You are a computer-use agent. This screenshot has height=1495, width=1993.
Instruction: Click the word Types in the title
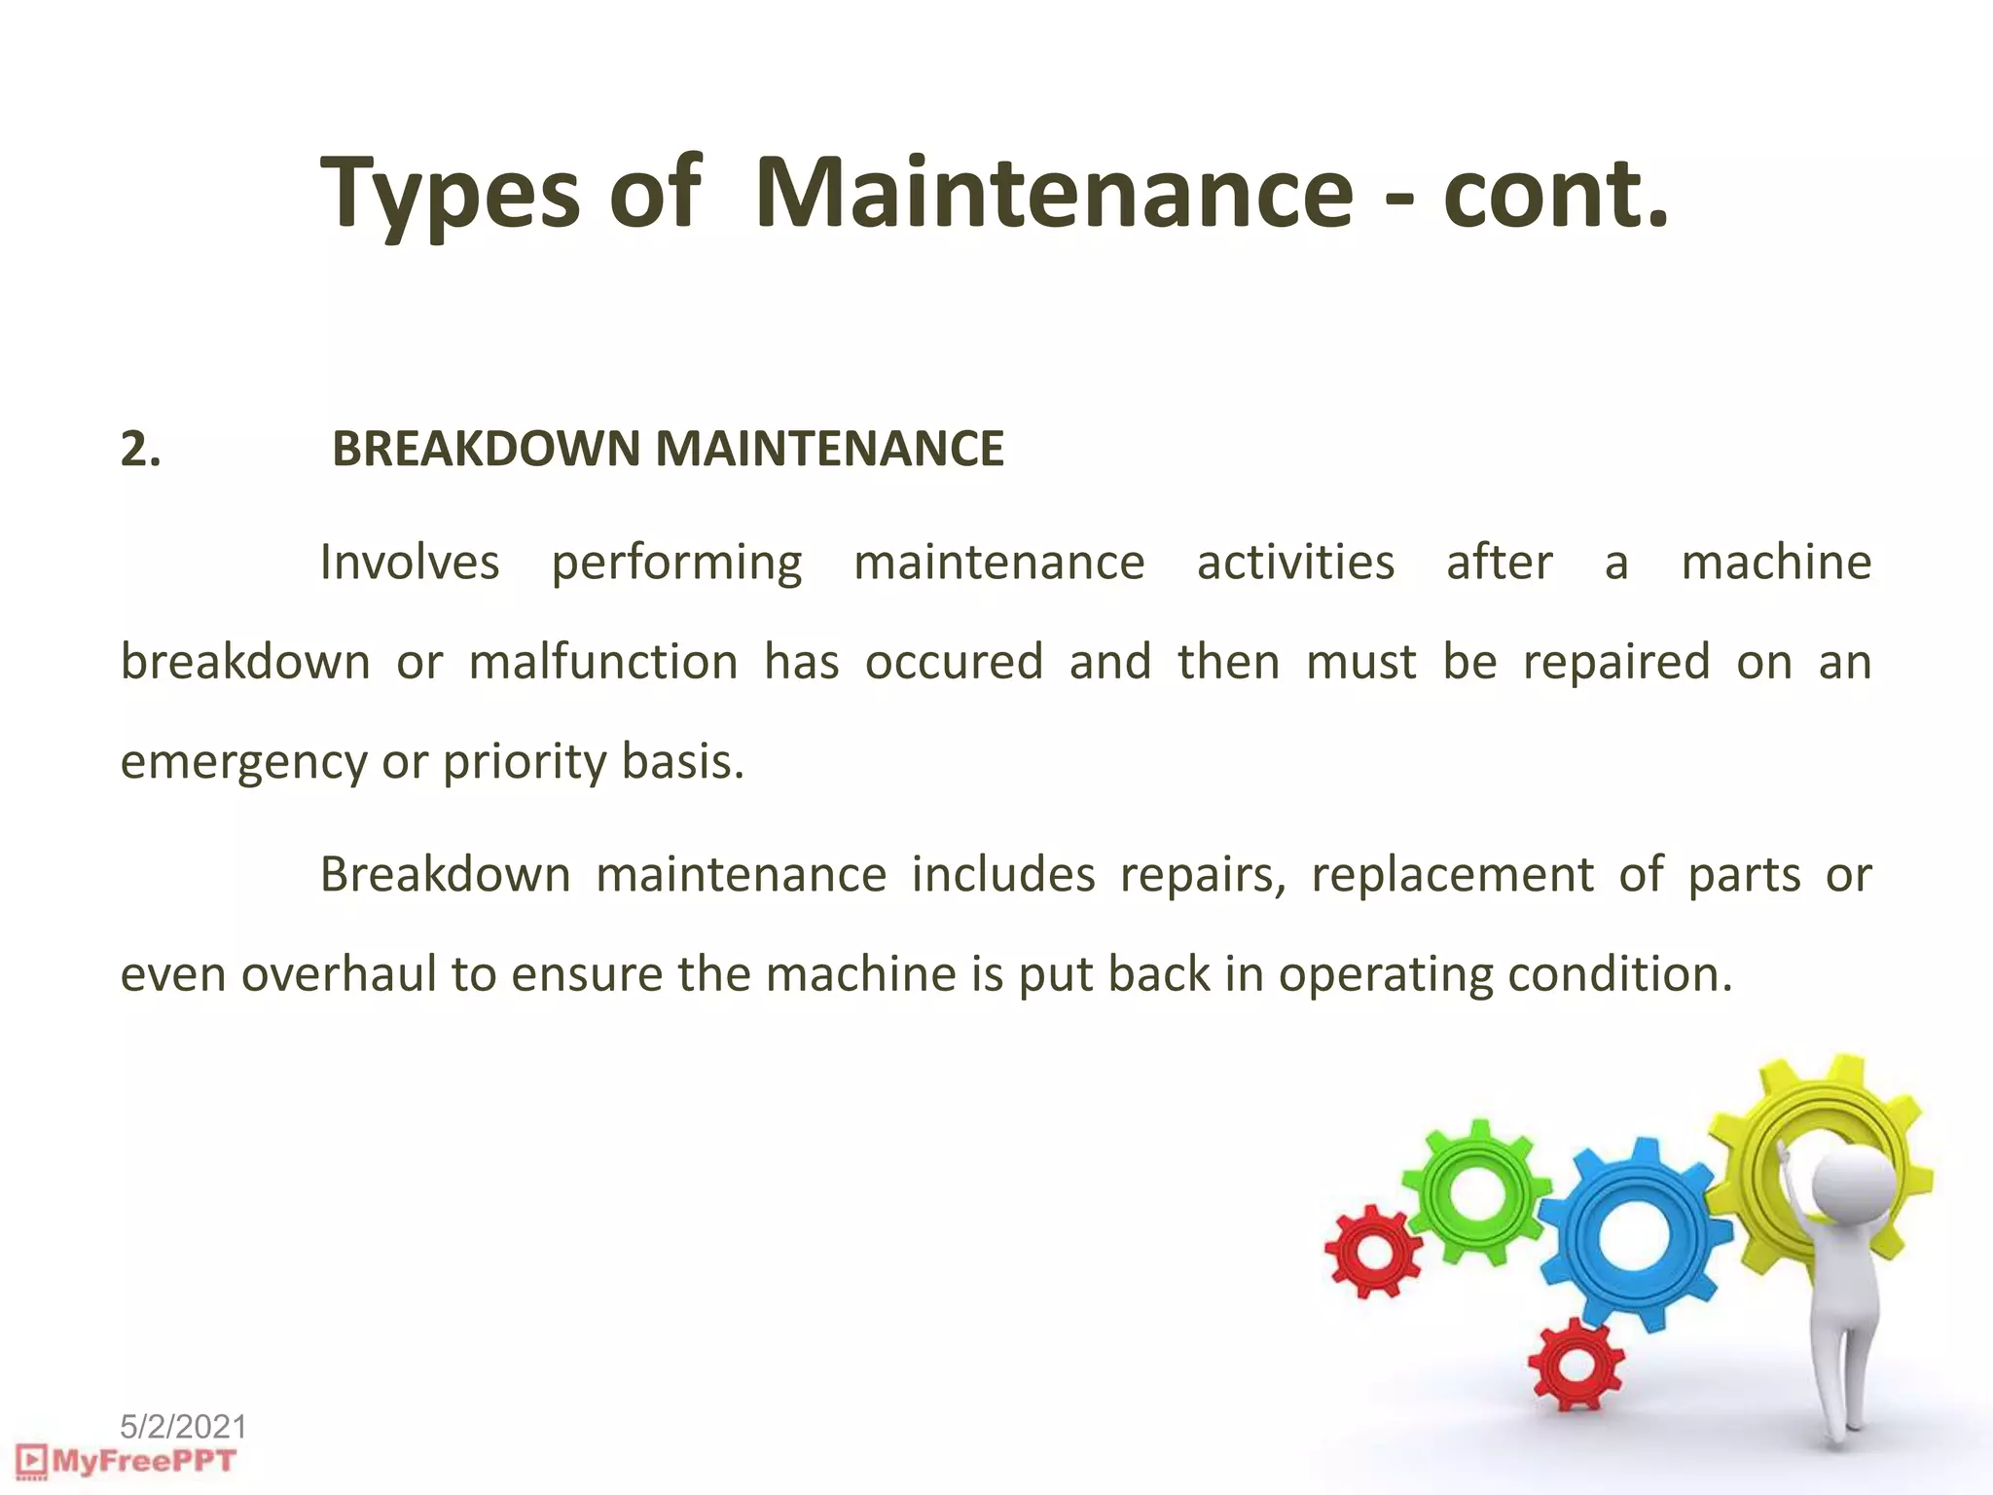(x=451, y=195)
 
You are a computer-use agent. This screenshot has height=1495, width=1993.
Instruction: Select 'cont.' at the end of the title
(x=1555, y=194)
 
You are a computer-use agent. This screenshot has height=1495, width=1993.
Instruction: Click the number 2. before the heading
(x=141, y=450)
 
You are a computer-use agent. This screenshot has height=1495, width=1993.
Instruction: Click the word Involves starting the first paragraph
(x=410, y=563)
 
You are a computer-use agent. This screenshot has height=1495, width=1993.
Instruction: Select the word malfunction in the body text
(x=603, y=662)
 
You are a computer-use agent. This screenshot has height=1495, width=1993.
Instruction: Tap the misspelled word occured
(x=954, y=662)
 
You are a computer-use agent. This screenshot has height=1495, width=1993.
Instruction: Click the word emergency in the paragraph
(x=243, y=762)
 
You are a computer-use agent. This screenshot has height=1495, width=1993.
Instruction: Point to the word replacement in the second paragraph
(x=1452, y=874)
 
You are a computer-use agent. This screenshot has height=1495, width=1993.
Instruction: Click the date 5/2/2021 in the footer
(x=183, y=1427)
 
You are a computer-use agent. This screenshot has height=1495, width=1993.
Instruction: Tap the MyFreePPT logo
(x=127, y=1461)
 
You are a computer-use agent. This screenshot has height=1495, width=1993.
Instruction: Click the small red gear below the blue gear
(x=1576, y=1365)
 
